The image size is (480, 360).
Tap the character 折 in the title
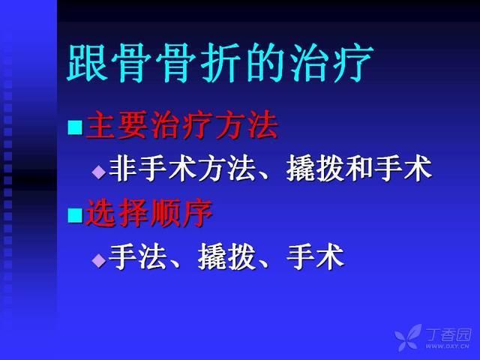(220, 63)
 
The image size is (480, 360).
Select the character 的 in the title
(265, 63)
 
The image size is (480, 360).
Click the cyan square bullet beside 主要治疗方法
(75, 127)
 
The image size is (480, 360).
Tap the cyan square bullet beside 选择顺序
(75, 215)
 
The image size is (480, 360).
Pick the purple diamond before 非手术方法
(98, 172)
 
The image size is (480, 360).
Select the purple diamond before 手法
(98, 260)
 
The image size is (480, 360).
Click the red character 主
(101, 125)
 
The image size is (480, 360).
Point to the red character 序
(197, 213)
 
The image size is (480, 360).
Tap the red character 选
(101, 213)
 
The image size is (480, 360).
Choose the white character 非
(122, 169)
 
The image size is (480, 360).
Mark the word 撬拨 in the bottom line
(226, 257)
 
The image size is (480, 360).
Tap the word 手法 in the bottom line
(138, 257)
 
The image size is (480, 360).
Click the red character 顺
(165, 213)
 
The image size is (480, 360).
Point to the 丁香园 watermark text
(448, 335)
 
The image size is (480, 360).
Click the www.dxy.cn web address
(447, 346)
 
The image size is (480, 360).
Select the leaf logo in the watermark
(408, 337)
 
